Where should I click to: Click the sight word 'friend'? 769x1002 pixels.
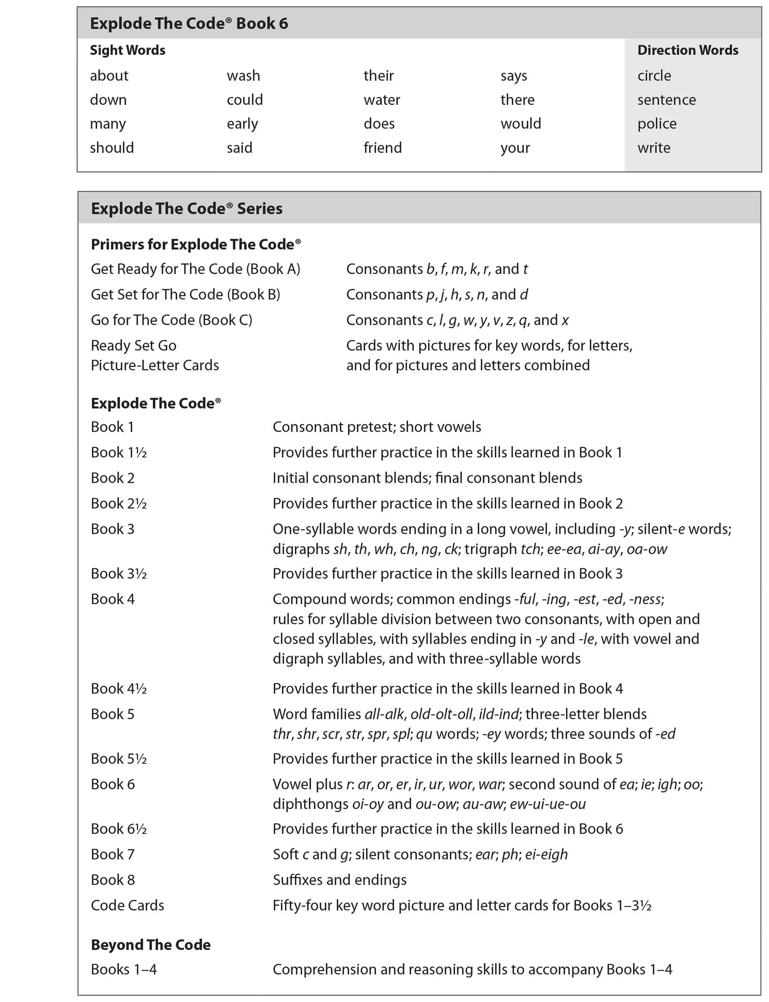point(383,148)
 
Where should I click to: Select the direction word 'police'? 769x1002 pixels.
point(657,123)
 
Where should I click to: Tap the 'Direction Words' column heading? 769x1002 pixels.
point(687,50)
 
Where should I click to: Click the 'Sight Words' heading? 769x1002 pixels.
point(128,50)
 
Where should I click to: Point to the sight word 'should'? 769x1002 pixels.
point(112,148)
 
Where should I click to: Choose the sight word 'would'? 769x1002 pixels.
point(521,123)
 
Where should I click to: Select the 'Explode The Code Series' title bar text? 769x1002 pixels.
point(187,209)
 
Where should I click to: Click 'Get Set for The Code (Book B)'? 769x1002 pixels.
point(185,294)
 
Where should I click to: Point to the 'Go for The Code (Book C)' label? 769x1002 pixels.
point(171,320)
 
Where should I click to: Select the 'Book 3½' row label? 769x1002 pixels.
point(118,573)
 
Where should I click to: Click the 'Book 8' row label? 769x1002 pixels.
point(113,879)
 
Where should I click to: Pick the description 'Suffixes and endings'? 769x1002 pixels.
point(340,879)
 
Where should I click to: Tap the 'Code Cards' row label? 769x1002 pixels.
point(127,905)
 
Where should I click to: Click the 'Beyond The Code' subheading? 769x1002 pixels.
point(151,944)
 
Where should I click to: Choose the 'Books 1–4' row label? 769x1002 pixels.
point(123,969)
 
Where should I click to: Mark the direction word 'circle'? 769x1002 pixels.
point(654,75)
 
